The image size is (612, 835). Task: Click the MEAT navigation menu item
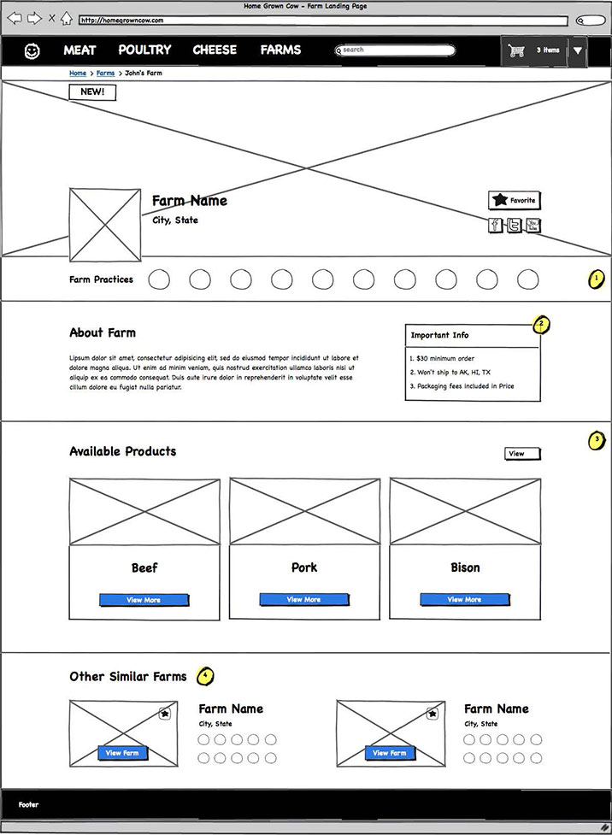click(79, 50)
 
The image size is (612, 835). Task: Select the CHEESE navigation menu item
click(215, 50)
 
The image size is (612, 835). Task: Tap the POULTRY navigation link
click(144, 50)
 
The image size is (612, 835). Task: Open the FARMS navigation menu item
click(280, 50)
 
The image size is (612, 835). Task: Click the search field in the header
click(395, 50)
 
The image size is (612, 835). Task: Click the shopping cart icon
click(516, 51)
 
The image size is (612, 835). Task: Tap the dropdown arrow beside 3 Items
click(578, 51)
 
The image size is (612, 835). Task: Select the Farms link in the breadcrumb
click(105, 74)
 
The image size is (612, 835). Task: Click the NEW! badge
click(92, 92)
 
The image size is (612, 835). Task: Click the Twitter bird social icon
click(514, 226)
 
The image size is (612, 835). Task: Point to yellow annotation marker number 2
click(541, 325)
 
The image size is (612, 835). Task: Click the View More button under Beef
click(144, 600)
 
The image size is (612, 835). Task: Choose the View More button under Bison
click(464, 600)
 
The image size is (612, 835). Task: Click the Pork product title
click(304, 567)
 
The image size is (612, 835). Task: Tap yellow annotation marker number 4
click(205, 676)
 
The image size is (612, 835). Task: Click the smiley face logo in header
click(32, 51)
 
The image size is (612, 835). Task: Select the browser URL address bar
click(322, 20)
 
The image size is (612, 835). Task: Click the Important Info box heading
click(440, 335)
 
